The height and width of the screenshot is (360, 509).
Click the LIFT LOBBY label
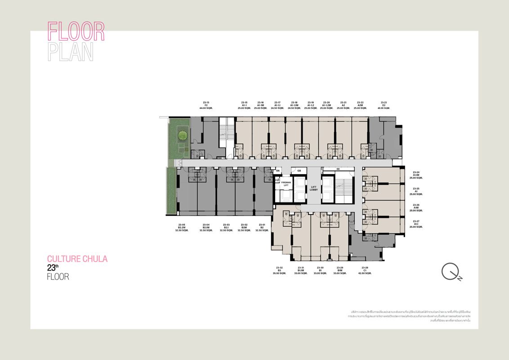coord(314,188)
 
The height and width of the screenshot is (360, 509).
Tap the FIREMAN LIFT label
coord(286,184)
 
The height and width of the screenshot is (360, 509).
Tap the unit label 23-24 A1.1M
coord(416,175)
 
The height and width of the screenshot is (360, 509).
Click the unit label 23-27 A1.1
coord(416,224)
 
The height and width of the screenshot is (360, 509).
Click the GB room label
coord(299,171)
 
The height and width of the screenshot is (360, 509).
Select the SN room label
coord(278,171)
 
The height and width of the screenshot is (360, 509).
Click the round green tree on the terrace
coord(182,135)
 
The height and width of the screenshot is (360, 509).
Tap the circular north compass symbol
coord(450,271)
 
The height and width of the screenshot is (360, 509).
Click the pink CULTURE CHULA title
coord(77,259)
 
